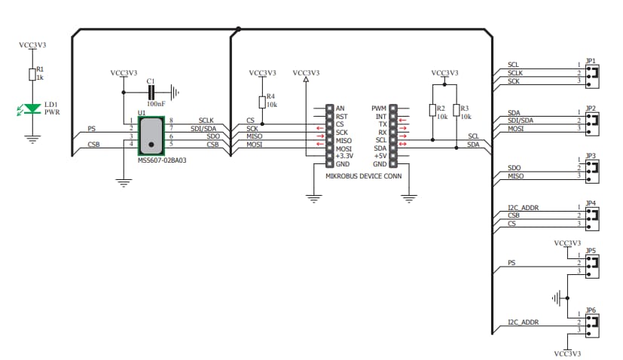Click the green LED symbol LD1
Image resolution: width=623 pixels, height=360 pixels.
click(32, 109)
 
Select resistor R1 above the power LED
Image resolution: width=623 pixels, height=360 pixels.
click(32, 74)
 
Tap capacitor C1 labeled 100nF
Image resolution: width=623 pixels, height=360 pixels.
click(151, 92)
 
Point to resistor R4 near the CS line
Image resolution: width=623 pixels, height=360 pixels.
click(261, 103)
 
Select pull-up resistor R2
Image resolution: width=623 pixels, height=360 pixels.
click(433, 111)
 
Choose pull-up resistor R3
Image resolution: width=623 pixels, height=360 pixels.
click(456, 111)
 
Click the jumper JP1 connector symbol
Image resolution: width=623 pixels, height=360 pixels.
click(592, 73)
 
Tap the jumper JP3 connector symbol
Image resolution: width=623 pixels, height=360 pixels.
click(592, 168)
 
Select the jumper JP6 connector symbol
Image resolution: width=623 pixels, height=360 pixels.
click(592, 323)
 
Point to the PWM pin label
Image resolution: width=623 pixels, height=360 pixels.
click(379, 108)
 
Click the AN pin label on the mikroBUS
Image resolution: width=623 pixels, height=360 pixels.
click(341, 108)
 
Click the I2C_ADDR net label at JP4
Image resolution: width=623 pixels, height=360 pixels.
click(523, 208)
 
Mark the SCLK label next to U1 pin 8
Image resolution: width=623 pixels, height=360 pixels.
click(206, 121)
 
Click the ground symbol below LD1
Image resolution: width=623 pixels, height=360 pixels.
click(32, 138)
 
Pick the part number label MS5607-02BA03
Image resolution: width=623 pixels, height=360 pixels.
click(162, 160)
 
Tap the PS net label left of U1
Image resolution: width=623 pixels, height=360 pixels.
click(92, 129)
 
